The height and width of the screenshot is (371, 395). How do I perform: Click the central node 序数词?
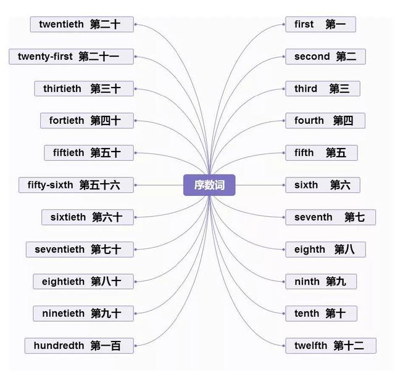pos(209,185)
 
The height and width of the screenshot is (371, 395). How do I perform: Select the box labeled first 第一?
pos(320,25)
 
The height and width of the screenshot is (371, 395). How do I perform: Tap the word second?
pos(312,57)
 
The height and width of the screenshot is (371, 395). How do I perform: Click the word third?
pos(306,89)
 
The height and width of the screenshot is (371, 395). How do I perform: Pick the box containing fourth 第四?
pos(325,121)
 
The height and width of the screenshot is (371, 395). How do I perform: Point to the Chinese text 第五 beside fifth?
pos(336,153)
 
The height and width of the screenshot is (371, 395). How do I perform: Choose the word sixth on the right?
pos(306,185)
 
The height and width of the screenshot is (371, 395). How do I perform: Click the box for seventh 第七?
pos(330,217)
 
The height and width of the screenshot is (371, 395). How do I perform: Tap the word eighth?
pos(309,249)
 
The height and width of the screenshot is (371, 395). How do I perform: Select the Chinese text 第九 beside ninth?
pos(336,282)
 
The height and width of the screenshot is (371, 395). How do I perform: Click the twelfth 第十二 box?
pos(330,346)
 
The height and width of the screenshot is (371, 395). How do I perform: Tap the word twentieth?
pos(61,25)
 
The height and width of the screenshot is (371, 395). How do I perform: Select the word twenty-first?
pos(45,57)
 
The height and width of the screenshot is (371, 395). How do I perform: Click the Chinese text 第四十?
pos(106,121)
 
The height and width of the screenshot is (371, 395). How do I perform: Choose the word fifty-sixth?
pos(50,185)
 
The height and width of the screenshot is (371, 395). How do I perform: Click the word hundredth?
pos(59,346)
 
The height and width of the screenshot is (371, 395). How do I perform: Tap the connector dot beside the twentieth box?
pos(135,25)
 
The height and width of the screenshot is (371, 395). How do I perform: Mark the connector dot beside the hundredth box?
pos(135,346)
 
